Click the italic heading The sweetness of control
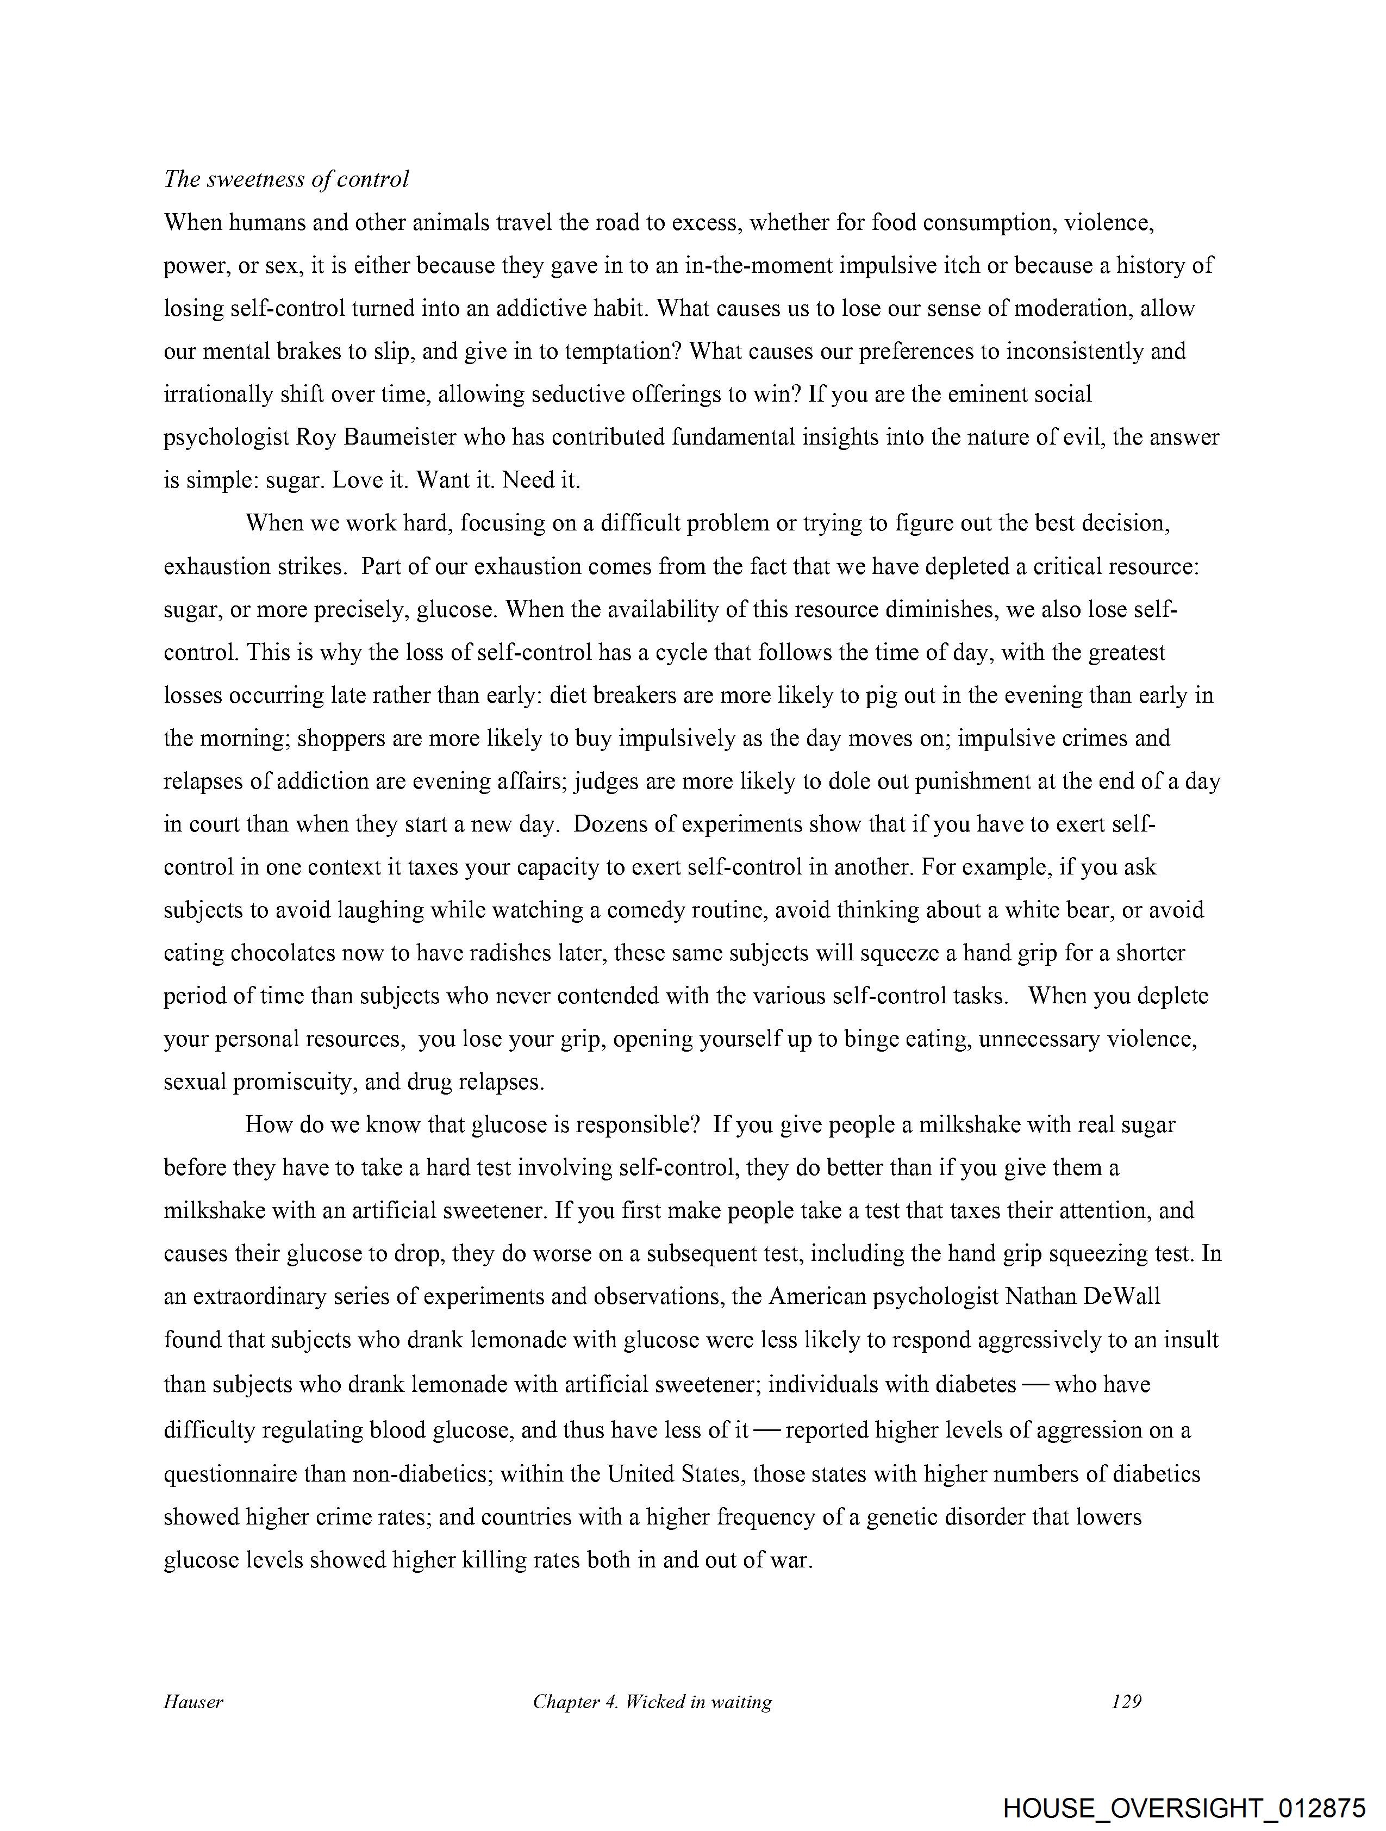point(286,180)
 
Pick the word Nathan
point(1039,1296)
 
